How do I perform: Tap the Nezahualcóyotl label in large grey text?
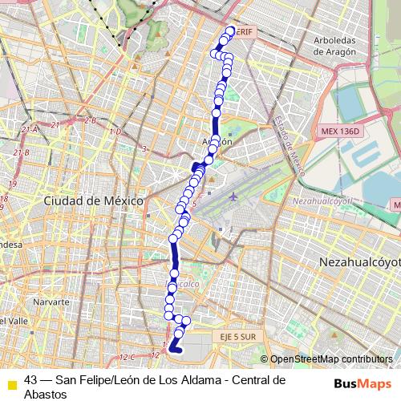point(359,261)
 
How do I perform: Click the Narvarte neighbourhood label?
point(52,302)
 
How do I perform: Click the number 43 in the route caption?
point(30,379)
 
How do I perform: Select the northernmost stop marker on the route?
point(231,31)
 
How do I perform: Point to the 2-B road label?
point(90,121)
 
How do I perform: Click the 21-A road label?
point(30,129)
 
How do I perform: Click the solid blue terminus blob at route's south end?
point(175,347)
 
